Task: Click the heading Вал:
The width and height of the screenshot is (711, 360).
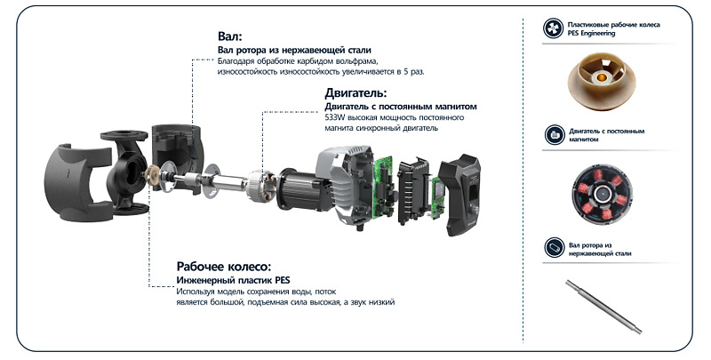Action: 230,36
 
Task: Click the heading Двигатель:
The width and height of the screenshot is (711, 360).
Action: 356,93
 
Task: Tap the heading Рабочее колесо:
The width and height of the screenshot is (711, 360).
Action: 224,266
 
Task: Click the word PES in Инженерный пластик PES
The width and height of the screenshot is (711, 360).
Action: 282,280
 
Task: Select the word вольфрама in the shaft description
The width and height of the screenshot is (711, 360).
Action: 358,61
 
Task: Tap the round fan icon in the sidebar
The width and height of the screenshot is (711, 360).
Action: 554,28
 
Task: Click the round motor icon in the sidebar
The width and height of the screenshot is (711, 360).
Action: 555,134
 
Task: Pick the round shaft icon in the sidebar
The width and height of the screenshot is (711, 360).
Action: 554,248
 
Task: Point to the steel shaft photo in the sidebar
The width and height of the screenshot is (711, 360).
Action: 603,307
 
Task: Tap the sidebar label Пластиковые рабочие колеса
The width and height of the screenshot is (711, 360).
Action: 613,25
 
